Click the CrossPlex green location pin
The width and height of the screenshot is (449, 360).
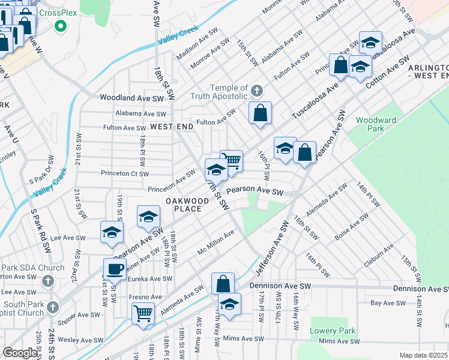point(60,26)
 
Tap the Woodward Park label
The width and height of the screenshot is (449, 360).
point(376,124)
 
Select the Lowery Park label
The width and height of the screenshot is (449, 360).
point(333,331)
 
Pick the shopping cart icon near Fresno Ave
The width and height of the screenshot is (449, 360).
point(143,313)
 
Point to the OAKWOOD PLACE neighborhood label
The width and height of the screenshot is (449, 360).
point(184,204)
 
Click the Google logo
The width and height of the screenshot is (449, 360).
point(20,353)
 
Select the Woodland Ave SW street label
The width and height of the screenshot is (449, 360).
point(131,97)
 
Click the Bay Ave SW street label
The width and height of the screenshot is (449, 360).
point(392,303)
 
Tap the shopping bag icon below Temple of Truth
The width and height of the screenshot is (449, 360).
point(260,113)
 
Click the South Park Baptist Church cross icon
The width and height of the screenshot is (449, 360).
point(52,307)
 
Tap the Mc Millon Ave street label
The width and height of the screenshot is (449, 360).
point(215,243)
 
